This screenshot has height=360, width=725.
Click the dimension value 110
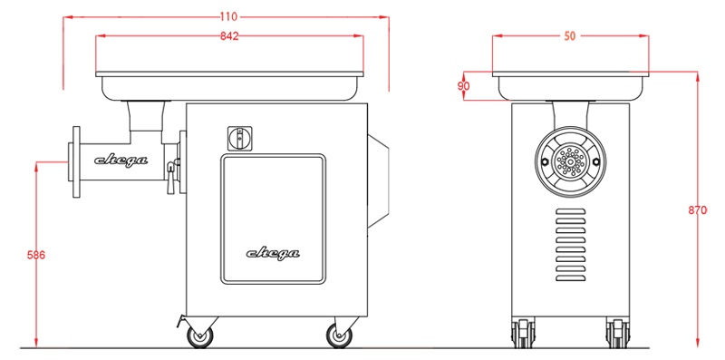pyautogui.click(x=228, y=17)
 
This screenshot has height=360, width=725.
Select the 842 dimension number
pyautogui.click(x=229, y=36)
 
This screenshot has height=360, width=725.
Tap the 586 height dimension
pyautogui.click(x=36, y=255)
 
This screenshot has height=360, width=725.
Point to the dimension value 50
pyautogui.click(x=570, y=36)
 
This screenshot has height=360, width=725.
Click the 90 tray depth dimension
pyautogui.click(x=464, y=85)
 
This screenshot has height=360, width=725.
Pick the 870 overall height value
pyautogui.click(x=697, y=210)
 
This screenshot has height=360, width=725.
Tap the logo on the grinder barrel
pyautogui.click(x=121, y=161)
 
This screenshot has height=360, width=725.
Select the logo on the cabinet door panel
pyautogui.click(x=273, y=254)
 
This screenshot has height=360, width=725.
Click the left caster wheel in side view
pyautogui.click(x=200, y=336)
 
